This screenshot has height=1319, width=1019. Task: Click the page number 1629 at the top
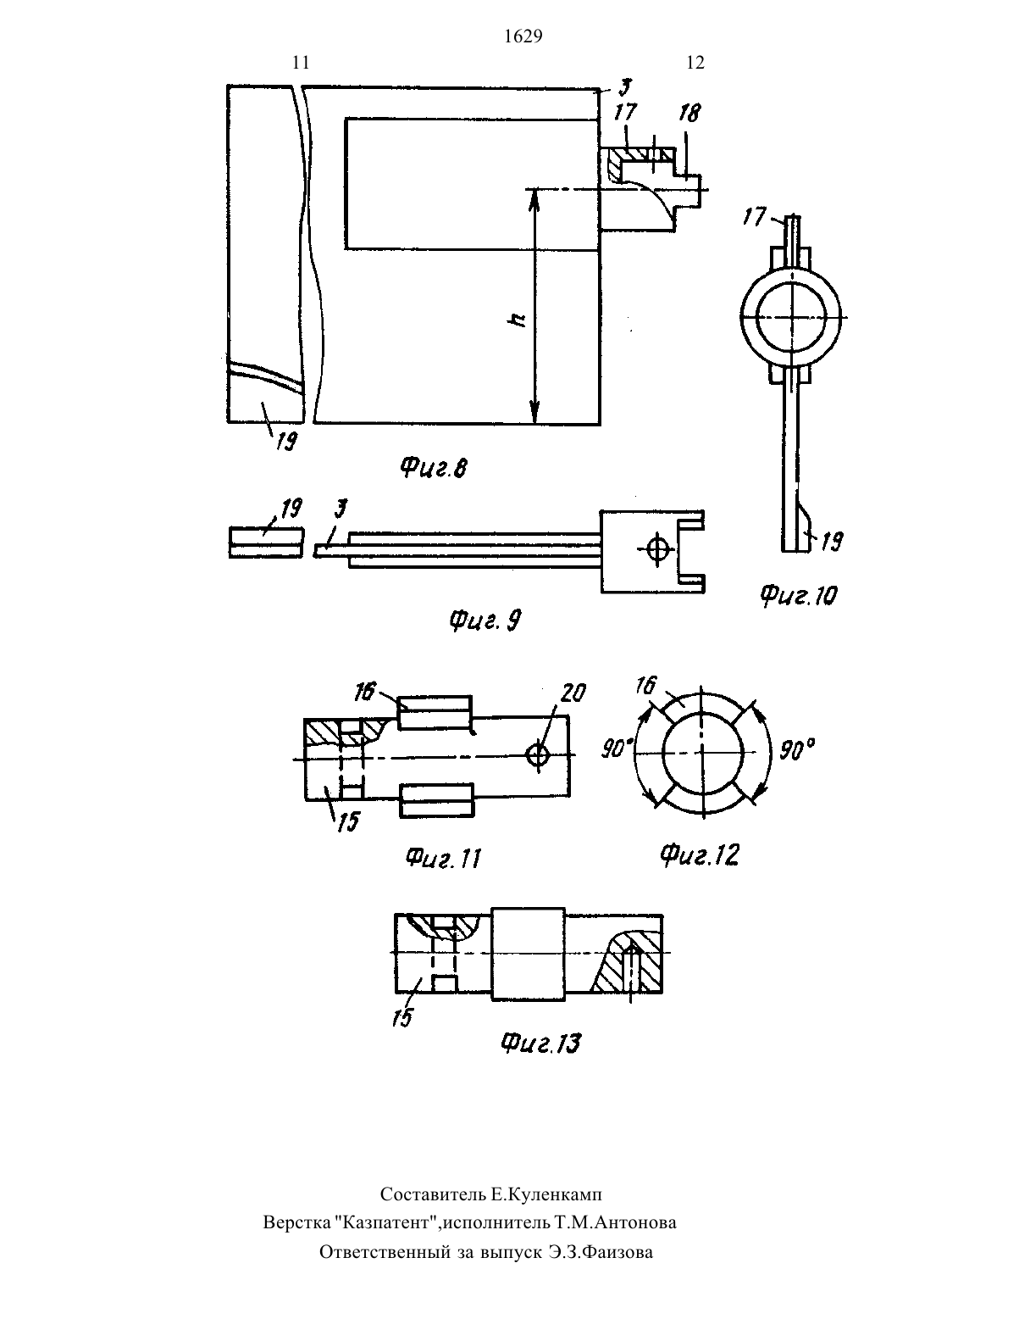[x=523, y=36]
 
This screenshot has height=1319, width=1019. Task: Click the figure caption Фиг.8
[x=435, y=468]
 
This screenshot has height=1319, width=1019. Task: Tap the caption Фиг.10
[x=798, y=595]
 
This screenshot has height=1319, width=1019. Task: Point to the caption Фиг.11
[x=443, y=858]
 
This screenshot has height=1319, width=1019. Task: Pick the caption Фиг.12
[x=700, y=854]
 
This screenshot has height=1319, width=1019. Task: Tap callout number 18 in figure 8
[x=689, y=114]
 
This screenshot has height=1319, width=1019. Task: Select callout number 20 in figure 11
[x=573, y=693]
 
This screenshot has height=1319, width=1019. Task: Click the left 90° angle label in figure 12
[x=617, y=749]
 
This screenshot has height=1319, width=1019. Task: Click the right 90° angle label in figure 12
[x=797, y=750]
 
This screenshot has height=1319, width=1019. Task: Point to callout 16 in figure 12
[x=646, y=686]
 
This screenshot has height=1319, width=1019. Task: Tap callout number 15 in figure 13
[x=402, y=1016]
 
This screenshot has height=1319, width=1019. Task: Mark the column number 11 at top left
[x=301, y=63]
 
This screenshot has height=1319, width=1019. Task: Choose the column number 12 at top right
[x=695, y=63]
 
